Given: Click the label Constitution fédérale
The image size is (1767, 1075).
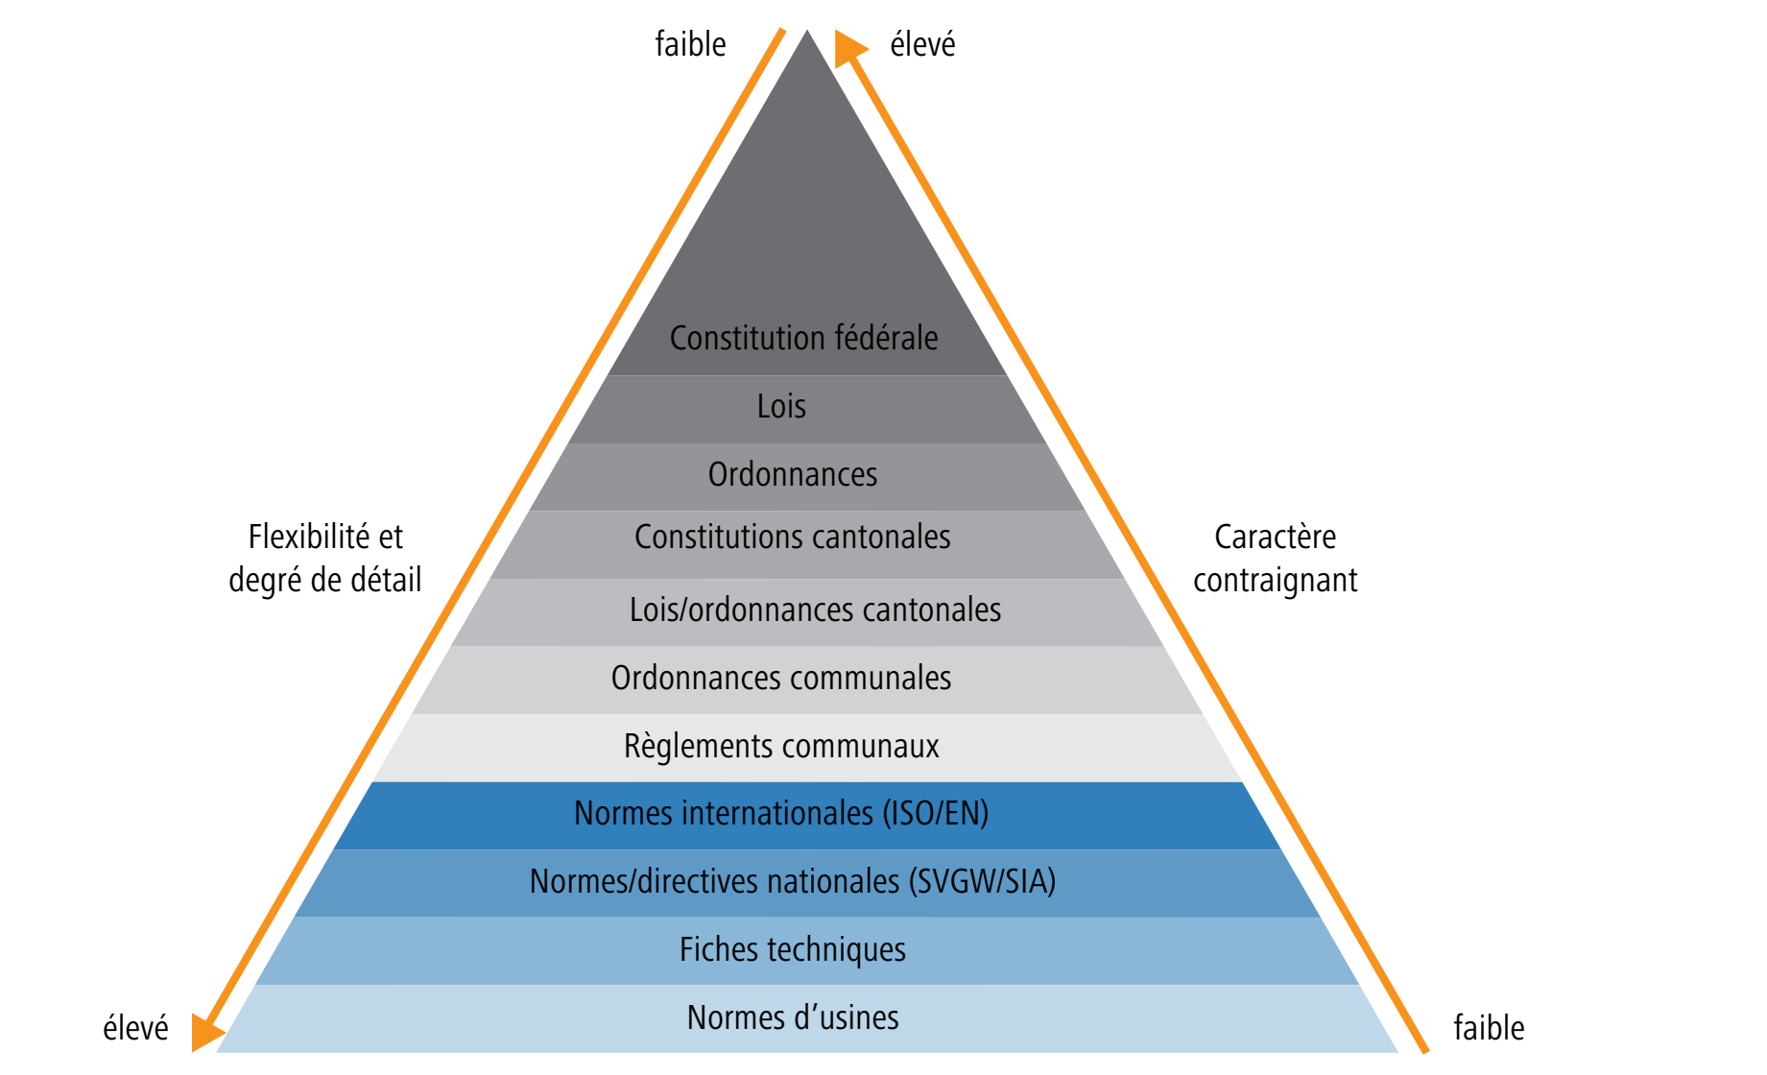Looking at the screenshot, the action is (803, 338).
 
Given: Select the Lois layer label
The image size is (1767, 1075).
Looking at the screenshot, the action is (781, 406).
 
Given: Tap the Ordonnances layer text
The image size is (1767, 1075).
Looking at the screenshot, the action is (793, 474).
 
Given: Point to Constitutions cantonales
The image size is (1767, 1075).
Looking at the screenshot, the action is (793, 537).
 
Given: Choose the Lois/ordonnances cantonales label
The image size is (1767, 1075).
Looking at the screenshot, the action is (815, 609).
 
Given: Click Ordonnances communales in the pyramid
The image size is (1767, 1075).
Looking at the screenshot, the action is (781, 678).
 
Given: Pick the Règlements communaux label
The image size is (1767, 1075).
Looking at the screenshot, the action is (781, 746).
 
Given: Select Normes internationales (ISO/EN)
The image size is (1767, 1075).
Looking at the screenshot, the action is (781, 813).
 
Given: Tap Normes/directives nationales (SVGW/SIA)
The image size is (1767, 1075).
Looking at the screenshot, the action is (793, 881).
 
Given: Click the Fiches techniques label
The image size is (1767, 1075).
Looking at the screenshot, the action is (793, 949).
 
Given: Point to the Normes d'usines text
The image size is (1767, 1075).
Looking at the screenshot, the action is (793, 1017).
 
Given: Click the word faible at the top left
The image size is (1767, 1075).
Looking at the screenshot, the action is (690, 44).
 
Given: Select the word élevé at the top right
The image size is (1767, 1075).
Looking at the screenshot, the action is (923, 44).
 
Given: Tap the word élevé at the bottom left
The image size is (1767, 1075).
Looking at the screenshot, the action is (135, 1028).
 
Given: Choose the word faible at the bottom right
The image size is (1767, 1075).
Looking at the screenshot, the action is (1489, 1028).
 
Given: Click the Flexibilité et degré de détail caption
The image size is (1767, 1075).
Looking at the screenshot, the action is (325, 559).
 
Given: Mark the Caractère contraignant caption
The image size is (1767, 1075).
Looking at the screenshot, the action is (1276, 559).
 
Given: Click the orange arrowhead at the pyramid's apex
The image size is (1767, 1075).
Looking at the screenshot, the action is (849, 48).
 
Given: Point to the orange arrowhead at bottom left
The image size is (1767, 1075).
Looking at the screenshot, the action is (206, 1033).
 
